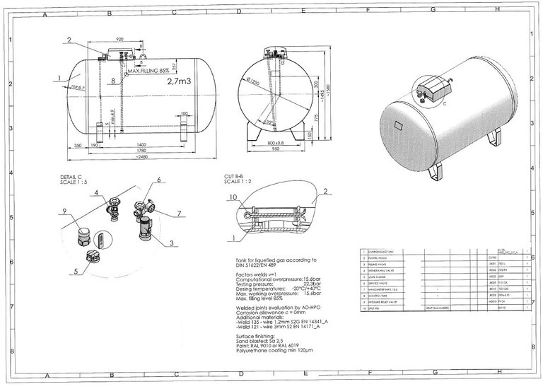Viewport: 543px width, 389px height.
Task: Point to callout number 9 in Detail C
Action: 64,211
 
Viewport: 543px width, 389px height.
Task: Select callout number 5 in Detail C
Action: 76,271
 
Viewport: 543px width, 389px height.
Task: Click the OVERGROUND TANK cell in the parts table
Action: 381,252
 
